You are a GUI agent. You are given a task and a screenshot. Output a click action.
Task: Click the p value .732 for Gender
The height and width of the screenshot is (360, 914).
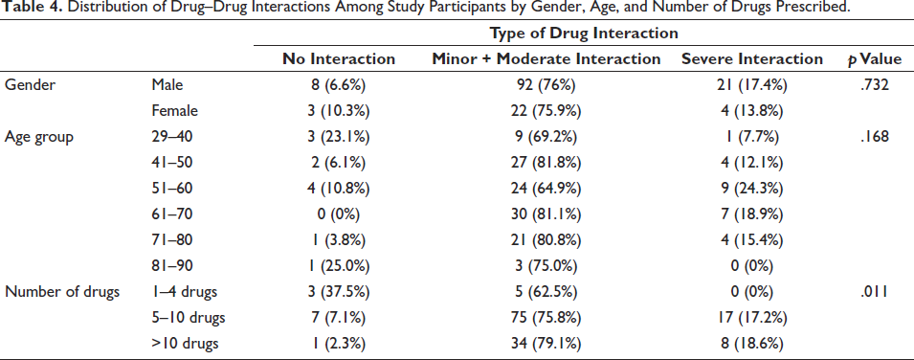click(876, 85)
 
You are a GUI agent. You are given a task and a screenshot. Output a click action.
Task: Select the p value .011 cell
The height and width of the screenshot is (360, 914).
click(876, 292)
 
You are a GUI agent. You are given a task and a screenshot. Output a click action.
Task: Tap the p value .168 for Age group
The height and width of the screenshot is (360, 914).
click(876, 137)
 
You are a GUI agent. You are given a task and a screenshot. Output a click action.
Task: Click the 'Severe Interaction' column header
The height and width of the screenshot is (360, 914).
click(752, 59)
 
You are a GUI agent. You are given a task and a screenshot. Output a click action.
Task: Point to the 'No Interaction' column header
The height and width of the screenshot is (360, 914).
click(339, 59)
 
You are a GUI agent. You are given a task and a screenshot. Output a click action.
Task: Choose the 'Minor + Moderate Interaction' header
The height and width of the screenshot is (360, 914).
click(546, 59)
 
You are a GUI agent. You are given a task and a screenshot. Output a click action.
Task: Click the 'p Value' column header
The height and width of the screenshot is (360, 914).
click(875, 59)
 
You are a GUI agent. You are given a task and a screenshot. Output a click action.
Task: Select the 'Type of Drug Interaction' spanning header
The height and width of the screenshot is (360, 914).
click(584, 34)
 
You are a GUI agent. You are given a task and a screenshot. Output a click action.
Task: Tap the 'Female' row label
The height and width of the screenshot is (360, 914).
click(174, 111)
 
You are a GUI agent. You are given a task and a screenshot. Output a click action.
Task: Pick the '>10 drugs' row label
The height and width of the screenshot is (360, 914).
click(185, 344)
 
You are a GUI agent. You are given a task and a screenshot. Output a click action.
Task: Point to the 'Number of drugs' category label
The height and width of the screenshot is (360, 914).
click(62, 292)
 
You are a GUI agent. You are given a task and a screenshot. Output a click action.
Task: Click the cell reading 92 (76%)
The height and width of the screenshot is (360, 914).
click(546, 85)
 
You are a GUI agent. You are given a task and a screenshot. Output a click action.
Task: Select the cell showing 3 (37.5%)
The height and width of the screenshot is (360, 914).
click(339, 292)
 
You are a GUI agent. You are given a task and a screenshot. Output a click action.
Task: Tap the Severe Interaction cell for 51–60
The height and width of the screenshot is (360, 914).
click(752, 189)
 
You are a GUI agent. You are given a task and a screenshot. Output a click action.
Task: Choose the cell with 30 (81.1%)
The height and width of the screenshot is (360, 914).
click(546, 214)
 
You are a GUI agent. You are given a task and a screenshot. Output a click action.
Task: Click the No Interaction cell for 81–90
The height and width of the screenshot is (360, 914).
click(339, 266)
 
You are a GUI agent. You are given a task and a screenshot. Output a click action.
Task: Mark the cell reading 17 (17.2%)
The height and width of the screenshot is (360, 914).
click(752, 318)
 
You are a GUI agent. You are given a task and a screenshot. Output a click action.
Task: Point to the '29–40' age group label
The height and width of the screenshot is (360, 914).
click(171, 137)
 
